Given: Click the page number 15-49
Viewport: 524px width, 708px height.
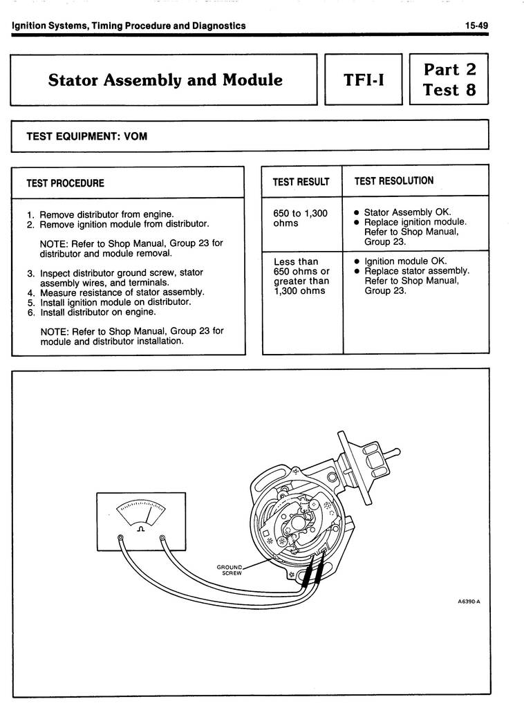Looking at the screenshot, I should [476, 26].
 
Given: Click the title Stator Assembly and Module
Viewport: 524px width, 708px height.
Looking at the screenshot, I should [165, 80].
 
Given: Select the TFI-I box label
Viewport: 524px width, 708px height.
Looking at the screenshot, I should [364, 81].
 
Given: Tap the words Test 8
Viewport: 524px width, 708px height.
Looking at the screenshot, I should [449, 90].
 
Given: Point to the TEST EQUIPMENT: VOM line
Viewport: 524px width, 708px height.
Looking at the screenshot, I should [86, 136].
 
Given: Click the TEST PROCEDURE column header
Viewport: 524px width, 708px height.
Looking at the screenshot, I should [65, 183].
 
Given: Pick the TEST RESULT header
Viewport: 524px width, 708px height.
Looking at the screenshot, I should [301, 182].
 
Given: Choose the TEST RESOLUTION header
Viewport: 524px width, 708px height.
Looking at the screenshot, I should [394, 181].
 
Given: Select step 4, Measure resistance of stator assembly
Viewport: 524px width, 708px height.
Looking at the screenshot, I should [115, 292].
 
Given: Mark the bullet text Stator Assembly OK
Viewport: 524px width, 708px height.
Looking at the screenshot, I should [407, 212].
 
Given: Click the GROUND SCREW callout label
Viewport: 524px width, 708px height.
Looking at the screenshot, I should [231, 570].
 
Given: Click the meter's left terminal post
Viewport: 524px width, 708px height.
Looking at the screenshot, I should [120, 539].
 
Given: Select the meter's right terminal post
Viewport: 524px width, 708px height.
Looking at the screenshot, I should [162, 539].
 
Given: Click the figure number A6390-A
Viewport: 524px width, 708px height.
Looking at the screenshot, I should [469, 602].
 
